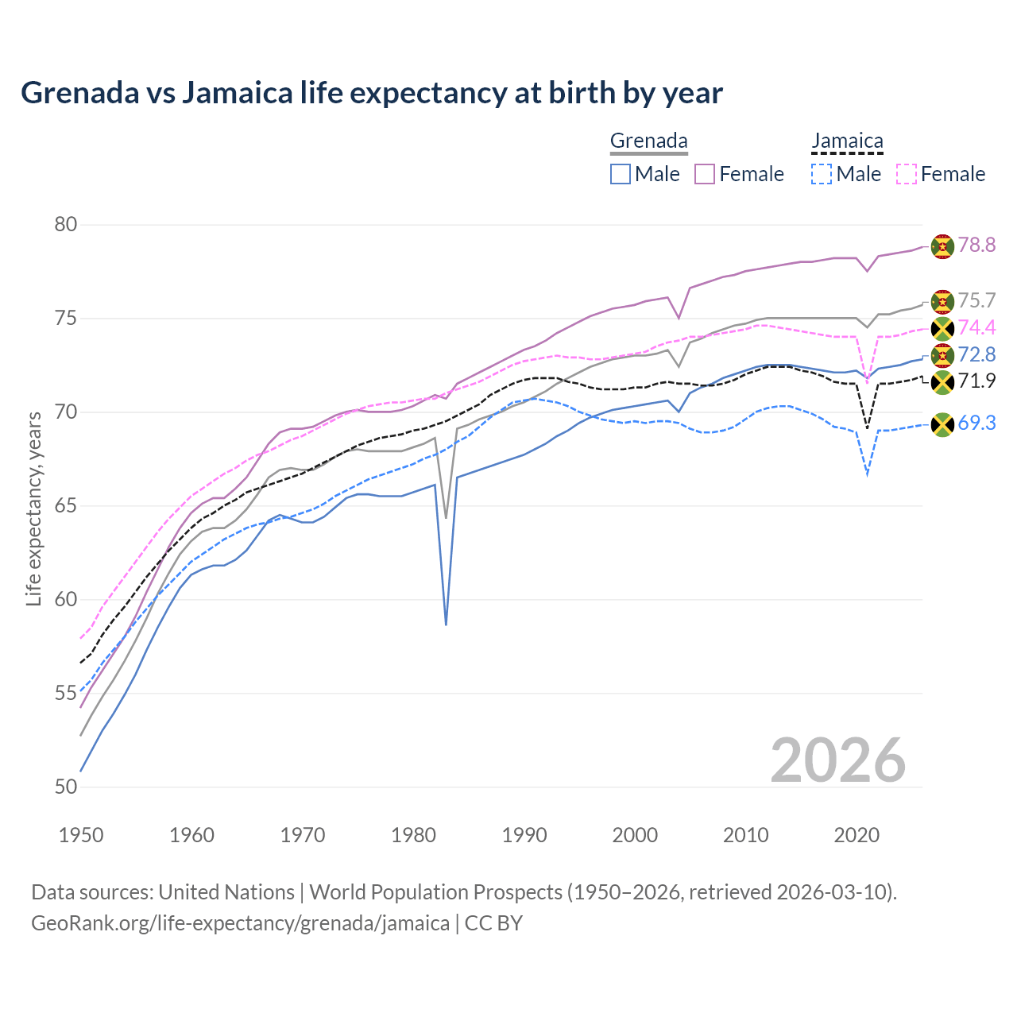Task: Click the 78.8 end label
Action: click(x=976, y=245)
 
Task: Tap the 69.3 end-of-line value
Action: click(x=976, y=423)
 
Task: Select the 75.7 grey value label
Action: click(x=976, y=300)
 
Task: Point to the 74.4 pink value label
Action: click(x=976, y=327)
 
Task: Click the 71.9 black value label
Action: click(x=976, y=381)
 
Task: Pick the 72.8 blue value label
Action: click(x=976, y=354)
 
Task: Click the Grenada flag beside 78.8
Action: click(x=942, y=246)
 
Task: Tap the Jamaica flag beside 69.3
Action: click(x=942, y=425)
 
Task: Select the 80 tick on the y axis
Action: click(x=66, y=225)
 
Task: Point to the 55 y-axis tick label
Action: click(x=66, y=694)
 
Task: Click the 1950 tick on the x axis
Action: click(x=81, y=835)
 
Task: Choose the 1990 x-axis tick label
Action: click(x=524, y=835)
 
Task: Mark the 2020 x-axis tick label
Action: click(x=857, y=835)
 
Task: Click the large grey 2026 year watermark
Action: click(x=838, y=760)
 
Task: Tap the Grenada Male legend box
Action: click(x=621, y=174)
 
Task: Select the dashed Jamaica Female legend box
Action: click(x=907, y=174)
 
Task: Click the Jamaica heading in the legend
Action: click(x=847, y=141)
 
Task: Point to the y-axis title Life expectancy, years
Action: click(x=33, y=508)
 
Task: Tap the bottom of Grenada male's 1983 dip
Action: click(x=446, y=625)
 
